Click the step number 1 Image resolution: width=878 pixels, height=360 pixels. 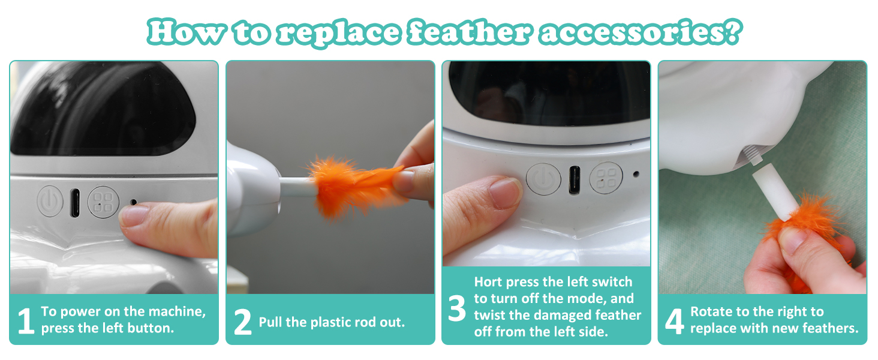point(25,321)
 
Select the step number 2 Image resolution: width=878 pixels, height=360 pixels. point(242,322)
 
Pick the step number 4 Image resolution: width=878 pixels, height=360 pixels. point(675,321)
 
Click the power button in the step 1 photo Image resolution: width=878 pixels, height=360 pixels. point(50,201)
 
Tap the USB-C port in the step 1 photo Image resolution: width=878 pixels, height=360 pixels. point(75,202)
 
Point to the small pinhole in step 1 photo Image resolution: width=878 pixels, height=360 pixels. point(133,202)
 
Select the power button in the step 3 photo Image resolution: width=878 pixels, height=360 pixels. point(543,179)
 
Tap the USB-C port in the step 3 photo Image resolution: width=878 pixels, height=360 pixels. point(573,179)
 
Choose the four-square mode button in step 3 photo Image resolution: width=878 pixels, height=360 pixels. point(605,178)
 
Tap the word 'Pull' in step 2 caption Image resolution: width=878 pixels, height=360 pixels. point(270,322)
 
